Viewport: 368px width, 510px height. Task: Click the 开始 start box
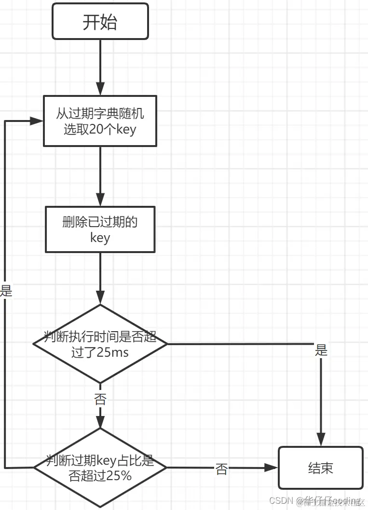tap(100, 22)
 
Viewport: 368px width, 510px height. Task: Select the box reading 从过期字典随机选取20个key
tap(100, 121)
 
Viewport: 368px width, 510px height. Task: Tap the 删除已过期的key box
tap(100, 229)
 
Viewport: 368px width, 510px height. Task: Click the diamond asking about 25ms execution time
tap(100, 344)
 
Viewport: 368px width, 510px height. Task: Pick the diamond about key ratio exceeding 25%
tap(100, 468)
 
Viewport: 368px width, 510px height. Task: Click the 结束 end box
tap(320, 468)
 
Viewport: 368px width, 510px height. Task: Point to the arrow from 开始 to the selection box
tap(100, 67)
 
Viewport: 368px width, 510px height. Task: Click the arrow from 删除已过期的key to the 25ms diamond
tap(100, 278)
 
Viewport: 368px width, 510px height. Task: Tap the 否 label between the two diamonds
tap(100, 399)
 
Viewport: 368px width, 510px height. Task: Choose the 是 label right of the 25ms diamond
tap(321, 350)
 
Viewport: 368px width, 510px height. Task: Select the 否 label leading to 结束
tap(221, 469)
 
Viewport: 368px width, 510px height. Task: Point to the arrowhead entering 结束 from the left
tap(273, 468)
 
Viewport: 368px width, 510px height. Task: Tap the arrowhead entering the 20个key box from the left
tap(38, 121)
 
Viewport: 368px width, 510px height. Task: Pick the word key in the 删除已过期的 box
tap(100, 238)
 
